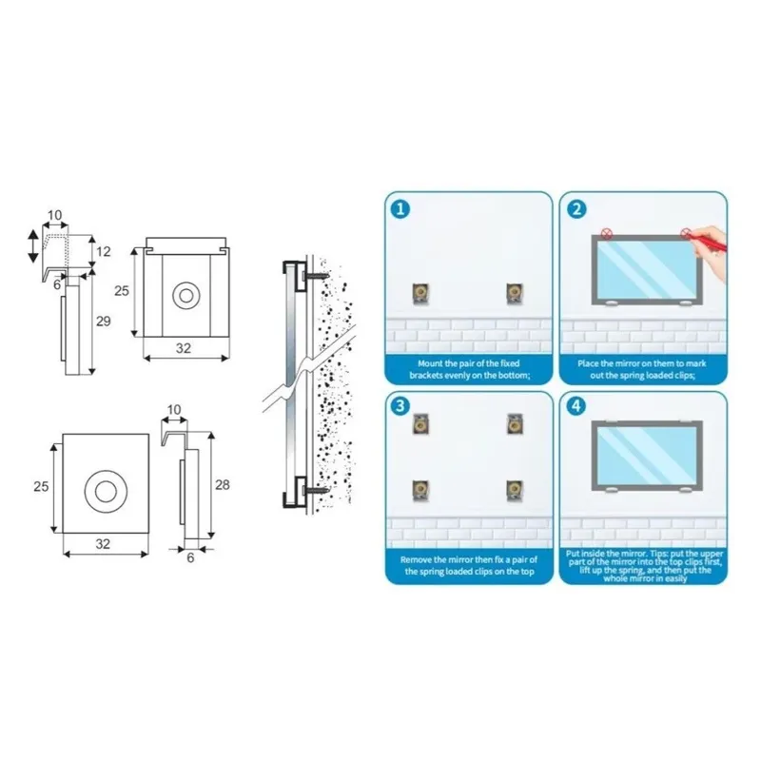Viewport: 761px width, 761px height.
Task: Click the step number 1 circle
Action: click(x=400, y=209)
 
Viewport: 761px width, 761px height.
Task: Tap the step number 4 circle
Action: click(x=576, y=406)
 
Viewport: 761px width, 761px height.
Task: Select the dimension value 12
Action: click(x=104, y=251)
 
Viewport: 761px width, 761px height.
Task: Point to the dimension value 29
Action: click(x=103, y=321)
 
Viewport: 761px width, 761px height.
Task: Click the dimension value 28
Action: click(x=223, y=484)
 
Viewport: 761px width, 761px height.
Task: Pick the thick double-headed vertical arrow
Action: click(x=33, y=246)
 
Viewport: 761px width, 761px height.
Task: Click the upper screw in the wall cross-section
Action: click(x=315, y=276)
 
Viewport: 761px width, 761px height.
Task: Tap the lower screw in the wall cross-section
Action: click(x=315, y=491)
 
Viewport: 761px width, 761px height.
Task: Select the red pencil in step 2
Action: click(x=709, y=242)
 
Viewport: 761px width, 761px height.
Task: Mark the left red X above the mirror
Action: click(x=607, y=234)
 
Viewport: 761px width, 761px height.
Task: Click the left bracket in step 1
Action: click(x=420, y=293)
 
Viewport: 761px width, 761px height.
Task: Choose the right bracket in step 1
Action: click(x=515, y=293)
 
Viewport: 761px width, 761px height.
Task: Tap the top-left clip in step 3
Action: click(x=420, y=424)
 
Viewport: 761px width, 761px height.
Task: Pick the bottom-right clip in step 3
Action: click(x=515, y=490)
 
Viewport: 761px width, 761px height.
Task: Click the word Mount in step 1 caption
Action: click(x=431, y=363)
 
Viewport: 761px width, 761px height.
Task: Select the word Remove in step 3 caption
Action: click(x=417, y=560)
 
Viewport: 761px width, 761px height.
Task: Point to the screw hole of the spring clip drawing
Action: click(x=186, y=295)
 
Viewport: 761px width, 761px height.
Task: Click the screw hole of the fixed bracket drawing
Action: click(x=106, y=492)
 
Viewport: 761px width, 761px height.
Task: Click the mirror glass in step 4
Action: click(x=647, y=456)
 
